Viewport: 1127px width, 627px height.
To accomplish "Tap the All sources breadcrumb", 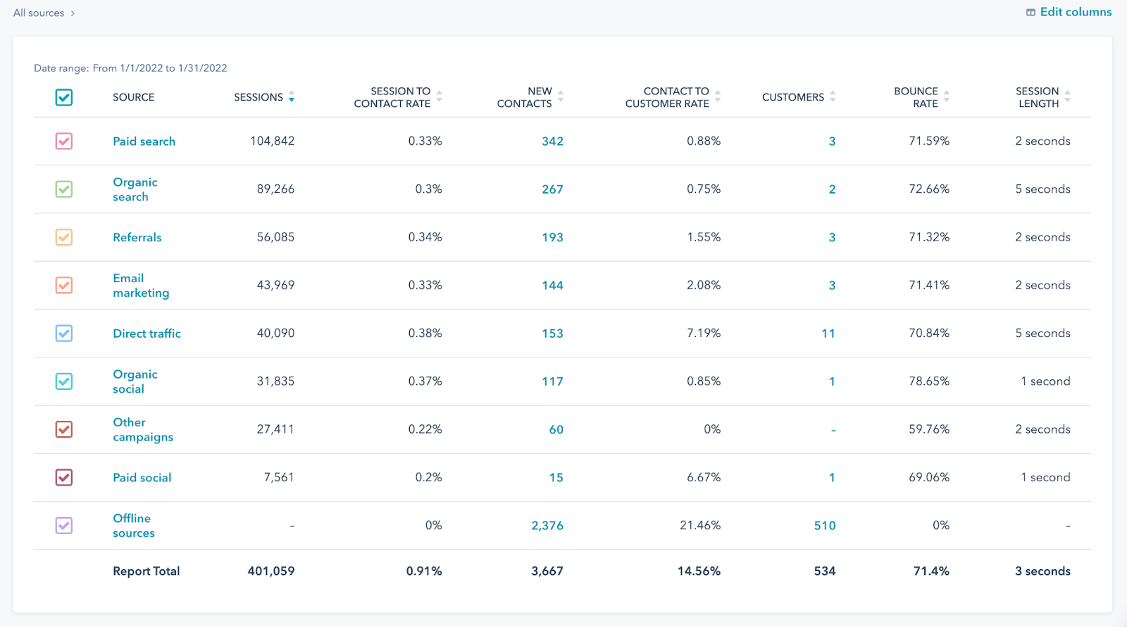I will click(x=39, y=13).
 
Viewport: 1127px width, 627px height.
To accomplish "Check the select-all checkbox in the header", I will click(x=64, y=97).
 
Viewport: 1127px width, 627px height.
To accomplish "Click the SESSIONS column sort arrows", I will click(x=292, y=97).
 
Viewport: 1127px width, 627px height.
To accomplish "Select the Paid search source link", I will click(x=144, y=141).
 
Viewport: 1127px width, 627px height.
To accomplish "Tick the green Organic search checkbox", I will click(x=64, y=189).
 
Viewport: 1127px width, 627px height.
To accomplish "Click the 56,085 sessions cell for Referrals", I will click(x=275, y=237).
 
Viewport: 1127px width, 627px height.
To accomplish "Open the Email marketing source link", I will click(x=140, y=286).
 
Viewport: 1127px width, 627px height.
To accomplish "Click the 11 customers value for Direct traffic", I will click(x=828, y=334).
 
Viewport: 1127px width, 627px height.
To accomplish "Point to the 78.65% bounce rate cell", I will click(x=928, y=381).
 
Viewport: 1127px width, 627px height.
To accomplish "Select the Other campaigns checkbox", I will click(x=64, y=429).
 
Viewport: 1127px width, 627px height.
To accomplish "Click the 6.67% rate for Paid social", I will click(x=703, y=478).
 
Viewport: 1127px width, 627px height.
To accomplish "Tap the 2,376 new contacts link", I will click(x=547, y=526).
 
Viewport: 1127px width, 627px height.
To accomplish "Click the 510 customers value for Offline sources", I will click(x=824, y=526).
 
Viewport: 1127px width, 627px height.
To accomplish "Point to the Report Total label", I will click(x=146, y=571).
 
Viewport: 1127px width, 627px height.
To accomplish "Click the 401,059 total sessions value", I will click(x=270, y=571).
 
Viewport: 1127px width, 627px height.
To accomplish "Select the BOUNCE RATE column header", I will click(x=916, y=97).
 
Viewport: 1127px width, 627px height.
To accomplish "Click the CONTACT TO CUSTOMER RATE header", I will click(x=667, y=97).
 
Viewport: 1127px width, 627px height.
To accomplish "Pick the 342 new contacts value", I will click(x=552, y=141).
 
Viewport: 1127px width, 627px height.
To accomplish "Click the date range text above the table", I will click(x=130, y=68).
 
